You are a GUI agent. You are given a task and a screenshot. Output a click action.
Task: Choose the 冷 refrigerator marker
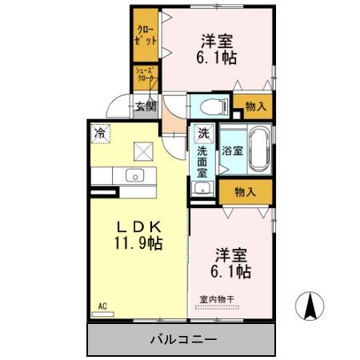point(100,133)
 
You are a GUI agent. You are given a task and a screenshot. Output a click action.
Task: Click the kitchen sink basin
point(132,175)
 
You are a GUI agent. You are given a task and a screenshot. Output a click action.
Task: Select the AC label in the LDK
point(102,306)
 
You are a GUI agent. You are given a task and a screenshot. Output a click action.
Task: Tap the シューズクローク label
point(146,78)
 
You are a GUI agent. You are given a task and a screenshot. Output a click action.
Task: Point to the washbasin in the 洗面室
point(202,189)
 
